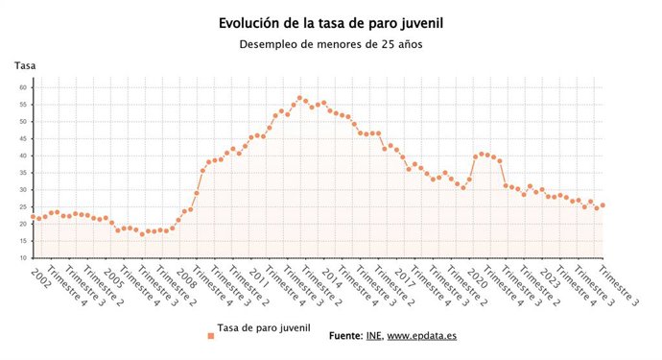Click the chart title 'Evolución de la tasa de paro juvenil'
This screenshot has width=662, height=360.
click(330, 22)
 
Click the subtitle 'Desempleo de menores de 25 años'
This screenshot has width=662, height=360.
click(330, 44)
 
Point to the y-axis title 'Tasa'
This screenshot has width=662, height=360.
click(25, 65)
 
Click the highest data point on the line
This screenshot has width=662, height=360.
click(299, 98)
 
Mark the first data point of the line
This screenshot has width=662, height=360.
click(34, 217)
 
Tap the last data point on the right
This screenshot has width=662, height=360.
click(603, 205)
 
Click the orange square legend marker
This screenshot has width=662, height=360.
click(210, 335)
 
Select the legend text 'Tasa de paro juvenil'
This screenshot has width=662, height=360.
click(264, 328)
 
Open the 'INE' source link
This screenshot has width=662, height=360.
click(373, 336)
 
